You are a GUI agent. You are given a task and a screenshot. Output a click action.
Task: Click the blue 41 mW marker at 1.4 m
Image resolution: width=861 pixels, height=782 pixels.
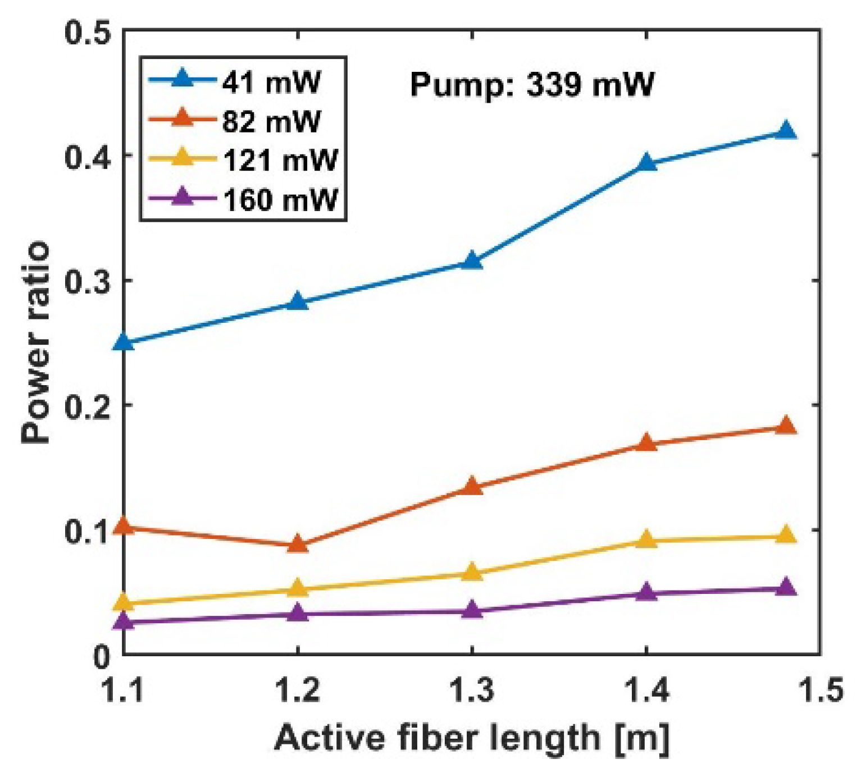point(646,163)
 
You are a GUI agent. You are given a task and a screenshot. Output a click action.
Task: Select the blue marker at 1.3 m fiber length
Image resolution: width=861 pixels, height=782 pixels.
point(472,262)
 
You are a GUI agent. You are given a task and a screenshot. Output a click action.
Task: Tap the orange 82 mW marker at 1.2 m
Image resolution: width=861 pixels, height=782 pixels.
point(298,544)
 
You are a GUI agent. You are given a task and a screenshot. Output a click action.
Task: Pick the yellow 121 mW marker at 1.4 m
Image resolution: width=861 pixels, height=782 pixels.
point(646,539)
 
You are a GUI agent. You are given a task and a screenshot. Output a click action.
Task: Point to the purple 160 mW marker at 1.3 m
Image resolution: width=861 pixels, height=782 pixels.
point(472,610)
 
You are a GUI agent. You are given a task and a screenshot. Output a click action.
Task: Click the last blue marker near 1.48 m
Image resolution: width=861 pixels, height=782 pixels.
point(786,131)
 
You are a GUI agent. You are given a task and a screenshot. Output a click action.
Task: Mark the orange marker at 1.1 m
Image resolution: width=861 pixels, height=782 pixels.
point(124,526)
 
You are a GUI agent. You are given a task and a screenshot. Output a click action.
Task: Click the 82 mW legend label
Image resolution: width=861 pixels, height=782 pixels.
point(271,121)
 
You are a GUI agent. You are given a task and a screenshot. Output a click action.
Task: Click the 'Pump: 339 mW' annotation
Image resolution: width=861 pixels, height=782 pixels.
point(531,85)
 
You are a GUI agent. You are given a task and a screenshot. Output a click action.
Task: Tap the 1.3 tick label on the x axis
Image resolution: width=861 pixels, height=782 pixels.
point(472,689)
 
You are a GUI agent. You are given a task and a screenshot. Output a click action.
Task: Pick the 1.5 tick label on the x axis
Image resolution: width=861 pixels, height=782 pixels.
point(821,689)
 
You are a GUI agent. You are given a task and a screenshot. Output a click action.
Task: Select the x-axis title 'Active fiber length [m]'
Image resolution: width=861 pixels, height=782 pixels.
point(472,738)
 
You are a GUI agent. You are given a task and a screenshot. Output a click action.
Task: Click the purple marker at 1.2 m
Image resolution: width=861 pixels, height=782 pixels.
point(298,613)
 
